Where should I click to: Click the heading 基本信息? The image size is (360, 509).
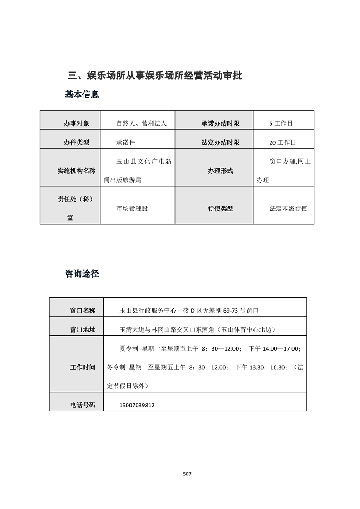pos(82,95)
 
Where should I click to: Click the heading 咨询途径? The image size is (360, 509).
pos(82,274)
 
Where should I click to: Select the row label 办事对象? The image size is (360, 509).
pos(76,123)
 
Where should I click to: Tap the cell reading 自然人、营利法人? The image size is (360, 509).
pos(142,123)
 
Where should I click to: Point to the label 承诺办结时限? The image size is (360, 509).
pos(220,123)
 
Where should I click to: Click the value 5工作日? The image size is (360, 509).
pos(281,123)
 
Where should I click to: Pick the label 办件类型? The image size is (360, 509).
pos(76,142)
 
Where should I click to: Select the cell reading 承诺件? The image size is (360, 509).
pos(126,142)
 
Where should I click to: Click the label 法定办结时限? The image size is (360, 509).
pos(220,142)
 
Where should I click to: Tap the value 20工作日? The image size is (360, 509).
pos(282,142)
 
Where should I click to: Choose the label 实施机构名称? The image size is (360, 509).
pos(76,171)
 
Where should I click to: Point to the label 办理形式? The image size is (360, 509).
pos(220,171)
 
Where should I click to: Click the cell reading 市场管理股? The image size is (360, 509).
pos(132,209)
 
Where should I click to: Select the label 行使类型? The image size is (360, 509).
pos(220,209)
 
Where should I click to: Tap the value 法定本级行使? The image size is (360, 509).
pos(288,209)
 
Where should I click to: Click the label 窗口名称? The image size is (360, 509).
pos(83,311)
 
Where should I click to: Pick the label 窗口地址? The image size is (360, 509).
pos(83,330)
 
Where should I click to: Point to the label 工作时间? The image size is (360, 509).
pos(83,367)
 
